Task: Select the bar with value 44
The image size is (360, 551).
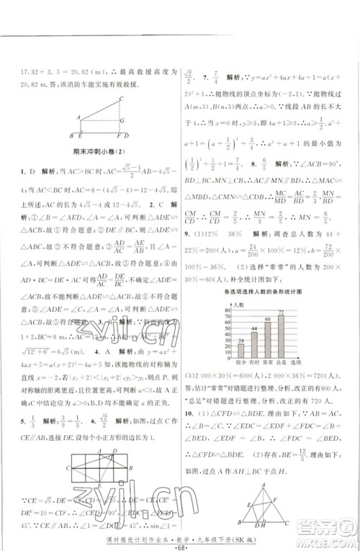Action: coord(254,342)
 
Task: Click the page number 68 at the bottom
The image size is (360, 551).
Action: coord(179,539)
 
